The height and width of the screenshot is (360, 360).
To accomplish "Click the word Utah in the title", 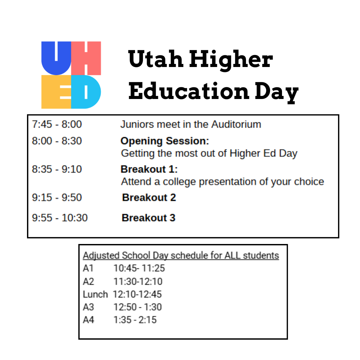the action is click(x=156, y=59).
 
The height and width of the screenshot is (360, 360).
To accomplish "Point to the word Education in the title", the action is click(x=189, y=91).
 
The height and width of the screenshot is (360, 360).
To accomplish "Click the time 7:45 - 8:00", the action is click(x=57, y=124).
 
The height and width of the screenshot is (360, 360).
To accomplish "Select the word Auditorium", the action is click(x=236, y=124).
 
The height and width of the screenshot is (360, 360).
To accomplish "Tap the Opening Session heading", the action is click(x=165, y=141).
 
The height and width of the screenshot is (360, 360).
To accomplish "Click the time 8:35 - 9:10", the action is click(x=57, y=169).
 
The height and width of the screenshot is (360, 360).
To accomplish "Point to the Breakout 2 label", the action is click(x=149, y=197).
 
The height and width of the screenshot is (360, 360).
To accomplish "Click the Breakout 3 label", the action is click(x=149, y=218).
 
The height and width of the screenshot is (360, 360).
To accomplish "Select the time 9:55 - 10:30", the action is click(x=60, y=218).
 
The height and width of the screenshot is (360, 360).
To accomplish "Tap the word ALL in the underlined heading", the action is click(x=232, y=255).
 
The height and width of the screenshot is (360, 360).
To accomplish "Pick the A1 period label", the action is click(x=88, y=268).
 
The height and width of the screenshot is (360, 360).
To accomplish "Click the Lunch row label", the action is click(x=95, y=294).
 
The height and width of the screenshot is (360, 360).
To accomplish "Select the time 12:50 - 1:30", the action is click(x=138, y=307).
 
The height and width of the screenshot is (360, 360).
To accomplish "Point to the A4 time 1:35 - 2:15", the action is click(x=135, y=320).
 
